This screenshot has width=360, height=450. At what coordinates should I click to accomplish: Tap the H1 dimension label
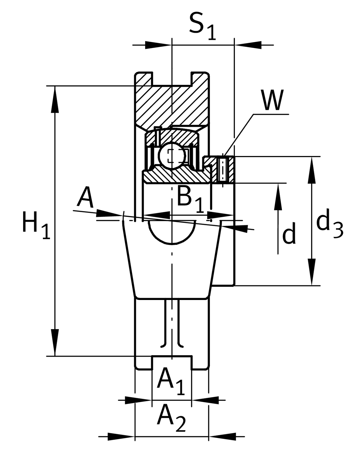35,225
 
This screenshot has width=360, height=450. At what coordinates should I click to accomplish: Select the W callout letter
272,100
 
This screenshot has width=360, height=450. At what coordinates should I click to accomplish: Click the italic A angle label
85,198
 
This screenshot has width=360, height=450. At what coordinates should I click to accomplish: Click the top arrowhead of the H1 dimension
55,99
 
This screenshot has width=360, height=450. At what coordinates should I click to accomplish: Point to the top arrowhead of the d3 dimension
312,169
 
